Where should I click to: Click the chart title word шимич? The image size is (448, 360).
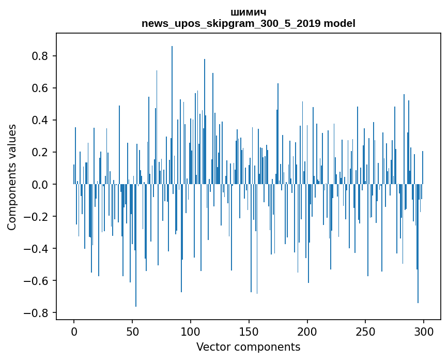click(x=249, y=12)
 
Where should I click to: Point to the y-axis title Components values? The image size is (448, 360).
click(x=11, y=177)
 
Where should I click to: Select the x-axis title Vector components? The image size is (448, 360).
click(x=248, y=347)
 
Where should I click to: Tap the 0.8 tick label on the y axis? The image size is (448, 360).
click(x=42, y=56)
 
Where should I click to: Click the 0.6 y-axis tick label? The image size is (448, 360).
click(x=42, y=88)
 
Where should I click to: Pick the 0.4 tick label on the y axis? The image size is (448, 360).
click(x=42, y=120)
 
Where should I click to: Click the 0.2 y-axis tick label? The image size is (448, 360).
click(x=42, y=152)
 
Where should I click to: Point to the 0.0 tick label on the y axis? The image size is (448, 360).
click(x=42, y=184)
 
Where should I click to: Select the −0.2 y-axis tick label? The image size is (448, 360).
click(x=38, y=217)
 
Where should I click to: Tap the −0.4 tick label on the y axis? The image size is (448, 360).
click(x=38, y=249)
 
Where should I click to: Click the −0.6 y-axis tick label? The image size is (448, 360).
click(x=38, y=281)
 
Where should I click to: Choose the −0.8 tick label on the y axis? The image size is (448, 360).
click(x=38, y=313)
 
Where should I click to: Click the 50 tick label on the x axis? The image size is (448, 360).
click(x=132, y=331)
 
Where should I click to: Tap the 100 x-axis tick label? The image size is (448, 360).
click(x=191, y=331)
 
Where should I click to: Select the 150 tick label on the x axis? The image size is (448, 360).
click(x=249, y=331)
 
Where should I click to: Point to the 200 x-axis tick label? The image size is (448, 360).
click(x=307, y=331)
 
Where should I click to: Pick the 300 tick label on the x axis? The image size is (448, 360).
click(x=424, y=331)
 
